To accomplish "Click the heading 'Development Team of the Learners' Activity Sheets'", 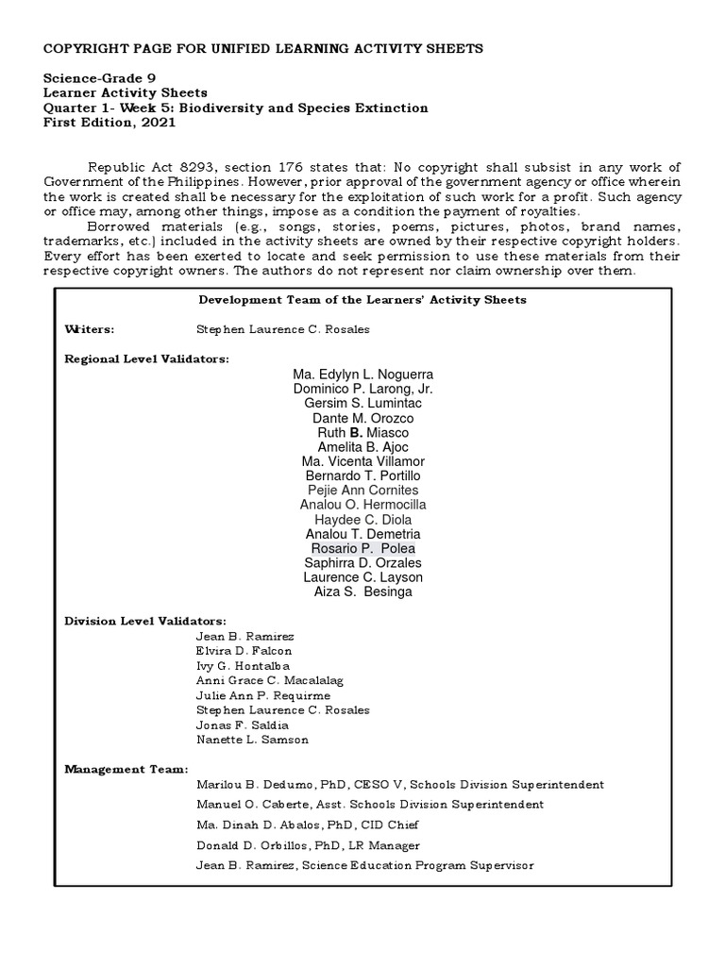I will tap(362, 300).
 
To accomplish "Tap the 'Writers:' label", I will tap(90, 329).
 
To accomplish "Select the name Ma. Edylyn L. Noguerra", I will tap(362, 375).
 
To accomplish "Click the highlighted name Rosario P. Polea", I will tap(362, 548).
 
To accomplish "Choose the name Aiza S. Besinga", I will tap(362, 591).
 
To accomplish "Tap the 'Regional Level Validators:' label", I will tap(146, 358).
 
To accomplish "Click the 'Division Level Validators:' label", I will tap(145, 621).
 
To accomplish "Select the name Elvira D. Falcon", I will tap(244, 650).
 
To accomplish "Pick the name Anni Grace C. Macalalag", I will tap(269, 680).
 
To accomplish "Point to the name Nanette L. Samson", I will tap(252, 740).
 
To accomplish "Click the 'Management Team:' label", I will tap(126, 769).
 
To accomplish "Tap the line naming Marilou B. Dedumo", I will tap(399, 785).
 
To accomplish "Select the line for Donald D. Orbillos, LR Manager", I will tap(308, 845).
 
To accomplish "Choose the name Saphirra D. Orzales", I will tap(362, 563).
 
